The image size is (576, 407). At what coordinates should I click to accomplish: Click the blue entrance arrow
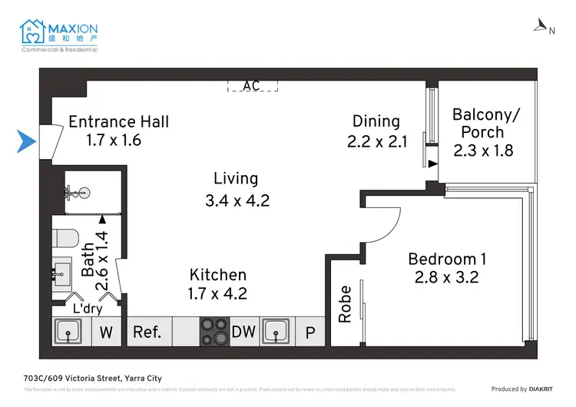click(28, 141)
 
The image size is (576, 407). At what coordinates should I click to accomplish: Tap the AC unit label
click(251, 86)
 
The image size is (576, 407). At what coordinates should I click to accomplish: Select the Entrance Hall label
click(118, 121)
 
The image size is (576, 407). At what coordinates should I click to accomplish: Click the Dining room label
click(376, 121)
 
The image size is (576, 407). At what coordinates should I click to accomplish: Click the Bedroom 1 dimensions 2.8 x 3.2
click(447, 277)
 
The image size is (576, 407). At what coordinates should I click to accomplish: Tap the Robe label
click(345, 303)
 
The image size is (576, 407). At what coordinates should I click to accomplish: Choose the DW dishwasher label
click(243, 332)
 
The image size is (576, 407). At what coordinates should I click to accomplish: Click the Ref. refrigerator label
click(147, 332)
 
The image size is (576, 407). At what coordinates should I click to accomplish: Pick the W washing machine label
click(105, 333)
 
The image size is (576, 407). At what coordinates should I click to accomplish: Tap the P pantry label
click(310, 333)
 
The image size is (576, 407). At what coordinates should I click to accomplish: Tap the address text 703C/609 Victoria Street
click(93, 378)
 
